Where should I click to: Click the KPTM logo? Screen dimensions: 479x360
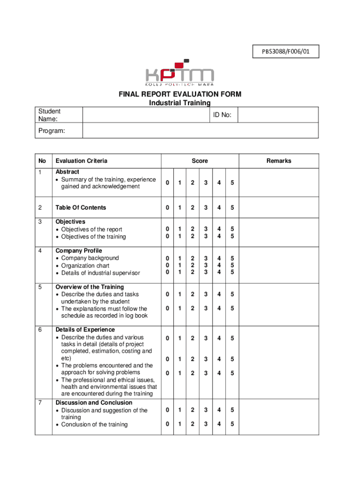(180, 74)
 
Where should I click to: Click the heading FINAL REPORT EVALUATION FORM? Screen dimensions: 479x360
(180, 94)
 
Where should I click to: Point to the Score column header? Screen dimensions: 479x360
(200, 161)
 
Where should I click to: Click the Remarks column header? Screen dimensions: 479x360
(279, 161)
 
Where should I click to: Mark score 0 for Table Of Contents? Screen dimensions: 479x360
(166, 208)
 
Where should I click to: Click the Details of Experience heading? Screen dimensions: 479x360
(85, 330)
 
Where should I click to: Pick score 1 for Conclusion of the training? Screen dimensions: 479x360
(179, 424)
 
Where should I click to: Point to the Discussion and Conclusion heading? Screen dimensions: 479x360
(94, 403)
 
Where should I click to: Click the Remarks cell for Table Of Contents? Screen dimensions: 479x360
(279, 208)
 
